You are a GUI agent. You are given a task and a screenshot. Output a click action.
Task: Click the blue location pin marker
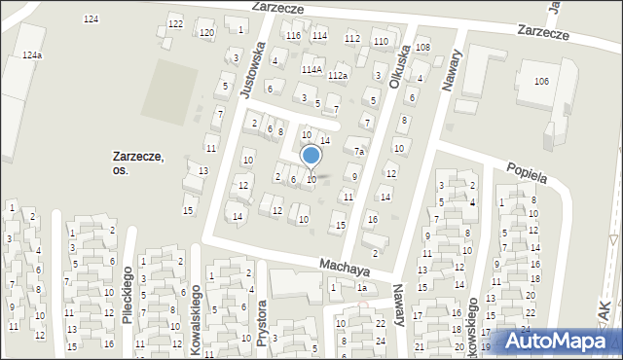pos(311,156)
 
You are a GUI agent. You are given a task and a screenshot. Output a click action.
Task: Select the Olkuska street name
pos(395,71)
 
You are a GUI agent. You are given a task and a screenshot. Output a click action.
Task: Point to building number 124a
pos(32,56)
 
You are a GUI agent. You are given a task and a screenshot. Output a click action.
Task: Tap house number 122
pos(175,23)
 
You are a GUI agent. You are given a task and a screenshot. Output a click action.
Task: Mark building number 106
pos(540,81)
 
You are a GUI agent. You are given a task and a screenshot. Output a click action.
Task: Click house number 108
pos(422,47)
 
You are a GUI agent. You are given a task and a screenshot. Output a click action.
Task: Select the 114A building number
pos(311,70)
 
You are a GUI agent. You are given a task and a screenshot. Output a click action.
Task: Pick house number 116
pos(294,36)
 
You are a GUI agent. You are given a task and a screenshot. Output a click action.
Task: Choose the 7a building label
pos(359,152)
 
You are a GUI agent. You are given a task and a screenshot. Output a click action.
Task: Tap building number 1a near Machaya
pos(361,287)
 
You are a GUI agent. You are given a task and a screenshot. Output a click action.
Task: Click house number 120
pos(206,33)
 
